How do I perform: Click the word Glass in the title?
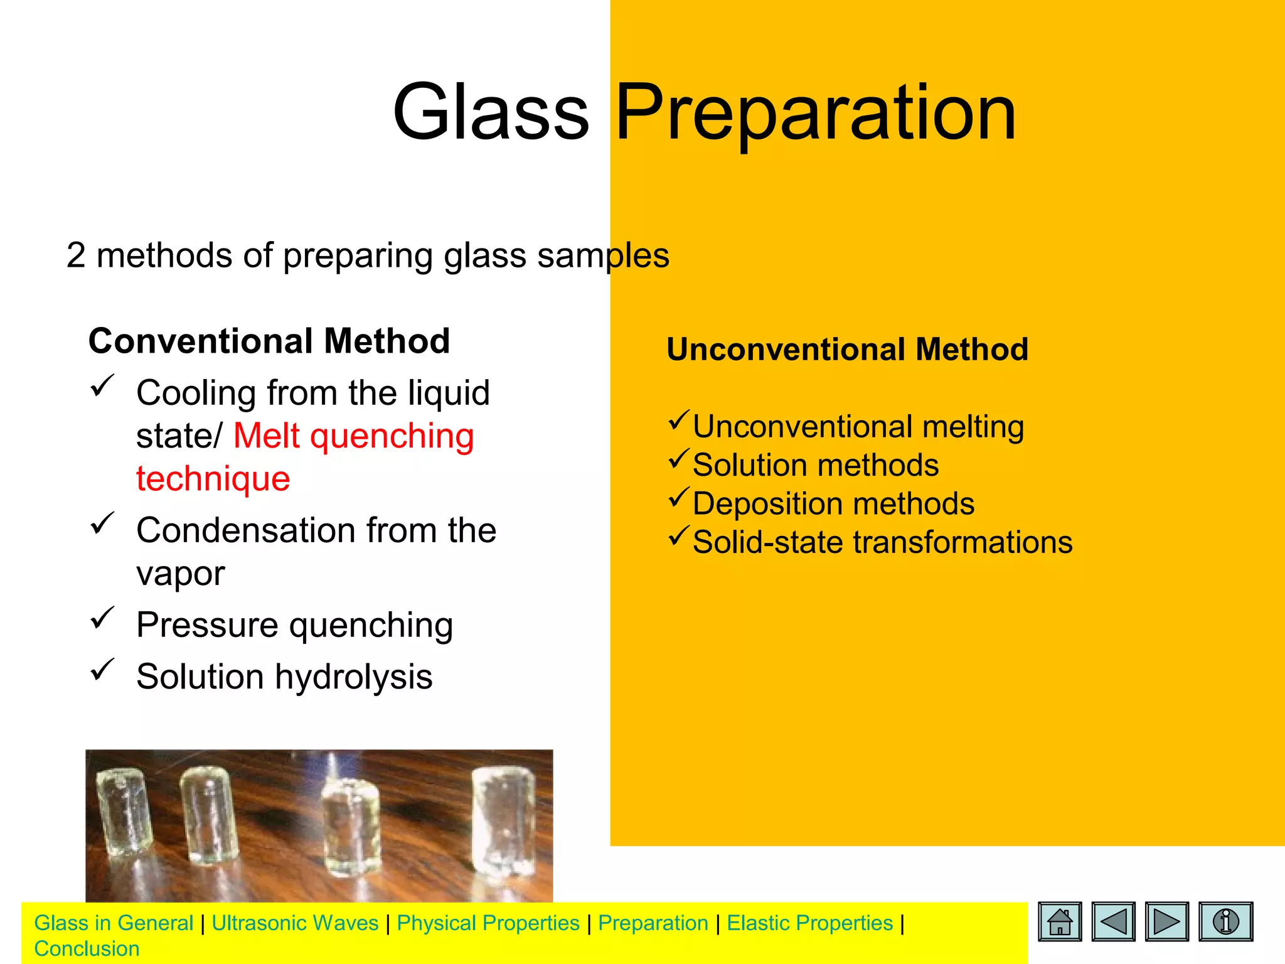tap(491, 113)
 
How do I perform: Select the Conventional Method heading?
tap(269, 341)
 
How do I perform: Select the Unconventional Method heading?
tap(847, 350)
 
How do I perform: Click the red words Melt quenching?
tap(354, 436)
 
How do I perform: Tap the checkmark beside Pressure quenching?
tap(102, 618)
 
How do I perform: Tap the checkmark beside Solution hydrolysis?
tap(102, 670)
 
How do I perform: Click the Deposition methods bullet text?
tap(833, 504)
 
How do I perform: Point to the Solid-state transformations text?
tap(882, 542)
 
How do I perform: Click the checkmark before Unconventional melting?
tap(679, 420)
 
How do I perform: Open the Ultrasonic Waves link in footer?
tap(295, 923)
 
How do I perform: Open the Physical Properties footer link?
tap(488, 923)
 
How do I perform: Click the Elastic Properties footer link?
tap(809, 923)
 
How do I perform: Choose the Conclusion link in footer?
tap(87, 949)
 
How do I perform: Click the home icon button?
tap(1060, 921)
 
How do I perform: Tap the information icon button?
tap(1225, 921)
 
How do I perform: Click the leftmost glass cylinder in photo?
tap(124, 816)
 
